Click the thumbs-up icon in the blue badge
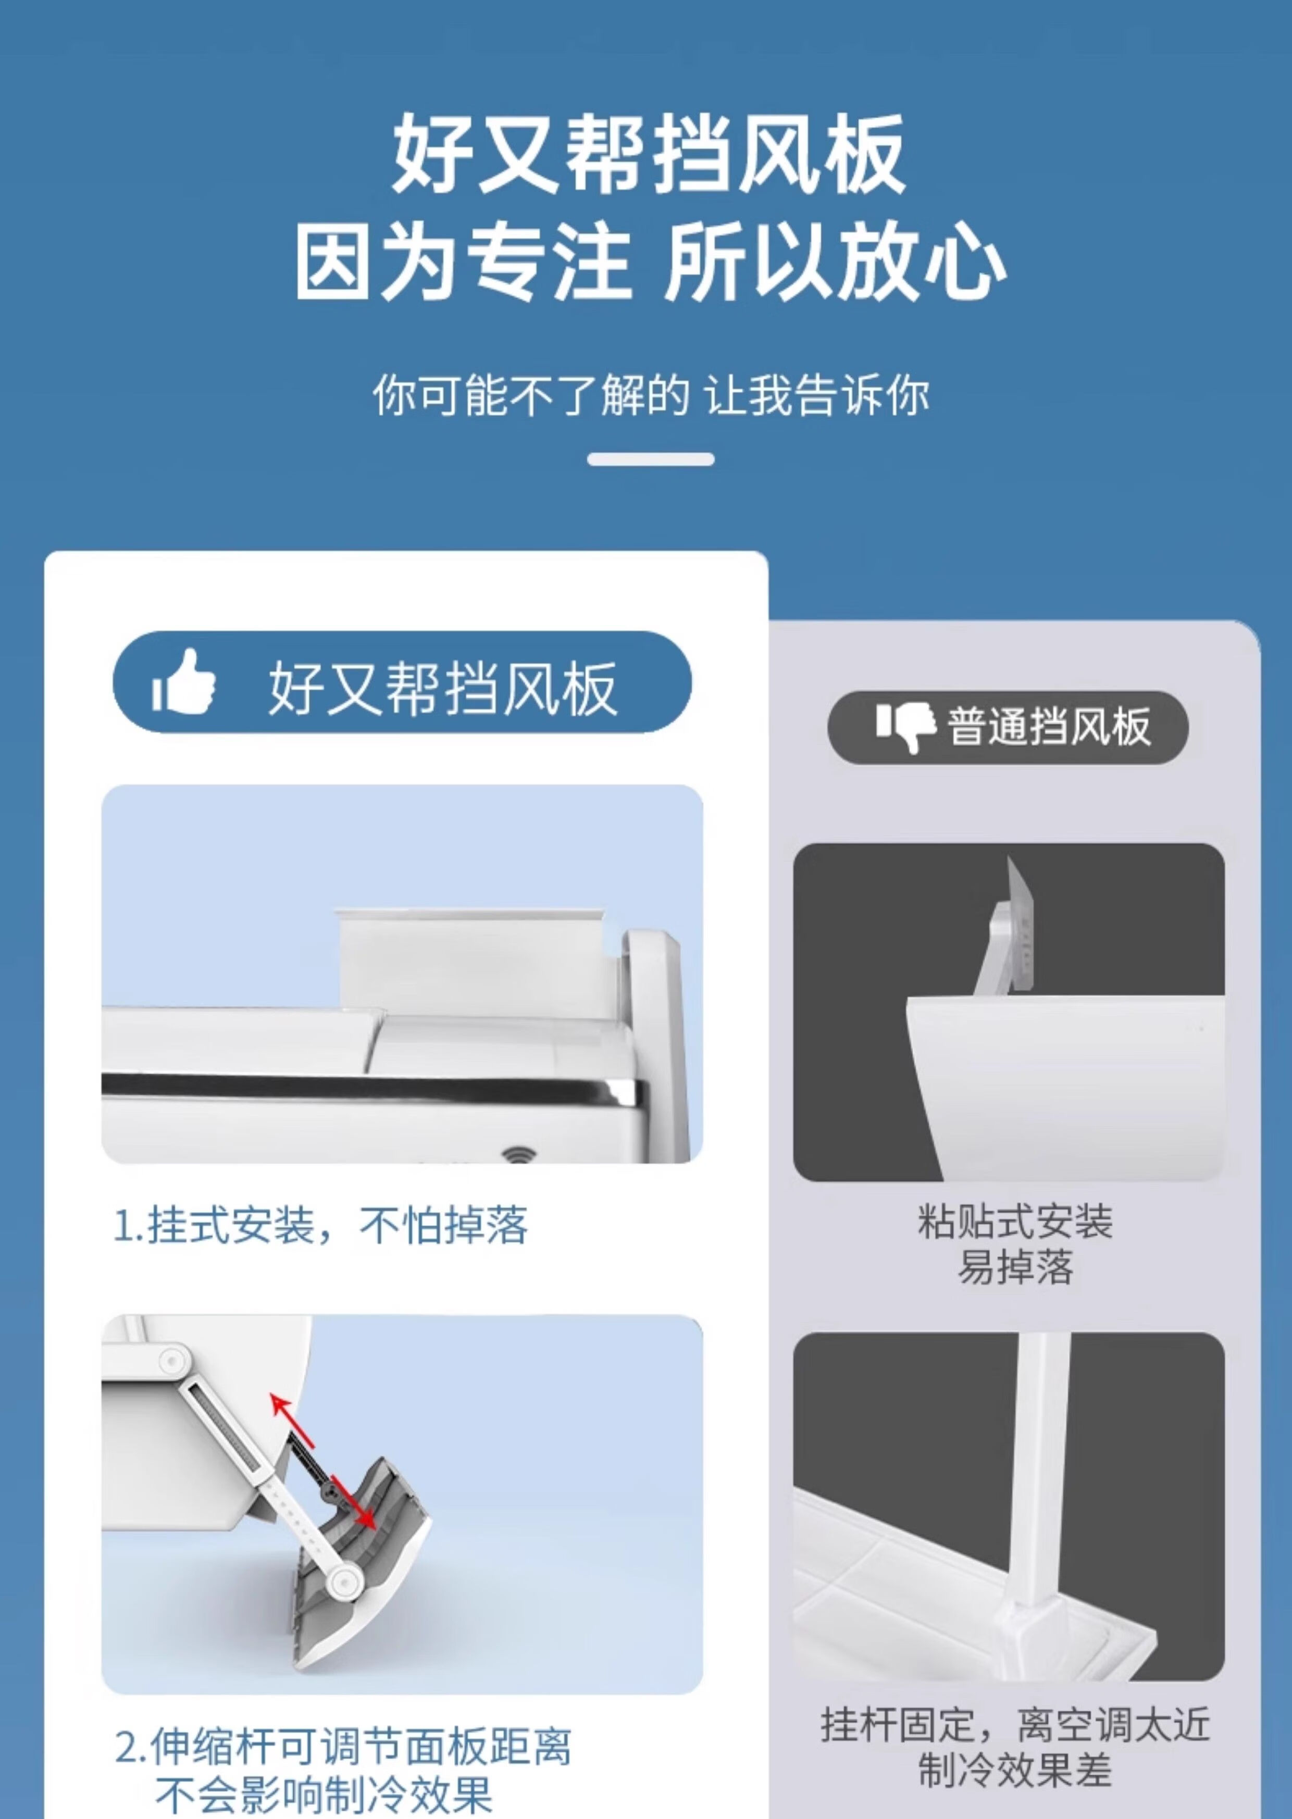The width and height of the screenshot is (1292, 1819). pos(184,682)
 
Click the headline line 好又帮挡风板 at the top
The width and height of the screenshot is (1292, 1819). pos(649,154)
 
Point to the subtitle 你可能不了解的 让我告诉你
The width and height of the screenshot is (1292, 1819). pos(650,394)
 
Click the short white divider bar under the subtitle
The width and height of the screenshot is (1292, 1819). pos(651,459)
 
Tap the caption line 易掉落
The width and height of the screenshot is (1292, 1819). pos(1015,1267)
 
